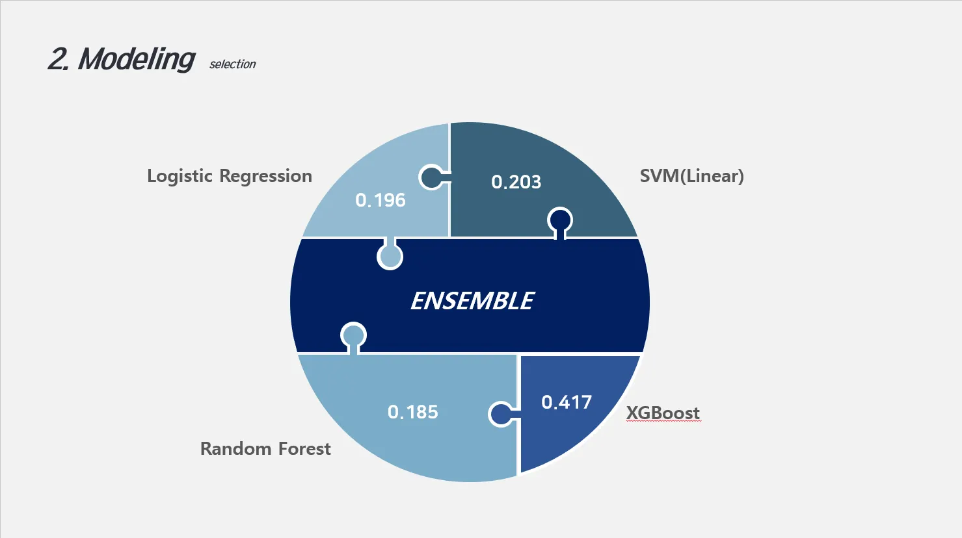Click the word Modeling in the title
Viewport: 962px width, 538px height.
(x=136, y=59)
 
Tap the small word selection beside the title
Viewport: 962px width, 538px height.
(x=232, y=64)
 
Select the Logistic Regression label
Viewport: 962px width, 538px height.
(x=229, y=176)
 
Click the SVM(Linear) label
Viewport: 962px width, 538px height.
(x=691, y=176)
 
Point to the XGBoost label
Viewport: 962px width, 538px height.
(x=663, y=413)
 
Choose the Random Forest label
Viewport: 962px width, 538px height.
(x=265, y=449)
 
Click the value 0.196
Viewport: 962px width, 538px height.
(x=381, y=200)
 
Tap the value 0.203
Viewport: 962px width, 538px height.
(x=516, y=182)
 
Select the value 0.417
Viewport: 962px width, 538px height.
(x=567, y=402)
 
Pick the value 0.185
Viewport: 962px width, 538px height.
(x=412, y=412)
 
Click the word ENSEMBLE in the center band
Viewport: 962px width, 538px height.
(x=472, y=301)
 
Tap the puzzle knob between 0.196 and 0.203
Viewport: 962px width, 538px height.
(x=431, y=177)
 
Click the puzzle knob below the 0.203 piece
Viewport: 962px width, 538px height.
(x=560, y=220)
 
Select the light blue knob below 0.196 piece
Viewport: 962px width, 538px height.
(x=390, y=257)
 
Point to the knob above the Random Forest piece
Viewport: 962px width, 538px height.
(x=353, y=335)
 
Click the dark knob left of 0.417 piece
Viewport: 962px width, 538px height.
(x=500, y=414)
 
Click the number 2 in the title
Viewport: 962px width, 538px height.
(x=57, y=59)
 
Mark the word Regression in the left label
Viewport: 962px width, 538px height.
(x=265, y=176)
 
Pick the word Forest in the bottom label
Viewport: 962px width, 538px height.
(x=304, y=449)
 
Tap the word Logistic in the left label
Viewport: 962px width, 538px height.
(x=180, y=176)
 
